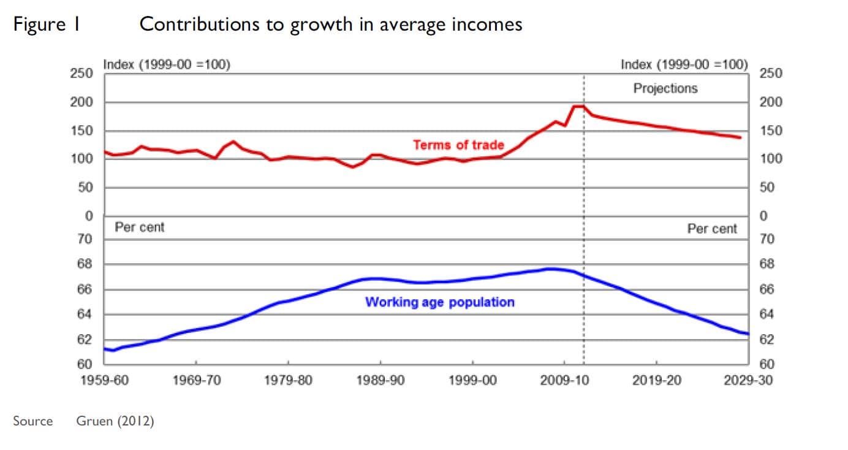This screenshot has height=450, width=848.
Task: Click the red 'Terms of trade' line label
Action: tap(458, 145)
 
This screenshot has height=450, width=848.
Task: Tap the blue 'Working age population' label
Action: tap(439, 302)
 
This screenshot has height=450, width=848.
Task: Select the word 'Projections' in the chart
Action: tap(665, 88)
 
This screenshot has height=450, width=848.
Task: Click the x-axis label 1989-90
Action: tap(380, 380)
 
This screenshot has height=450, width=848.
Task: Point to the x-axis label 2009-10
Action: tap(564, 380)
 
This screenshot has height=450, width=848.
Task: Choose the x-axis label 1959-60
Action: tap(105, 380)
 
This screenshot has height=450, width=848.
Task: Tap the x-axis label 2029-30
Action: tap(748, 380)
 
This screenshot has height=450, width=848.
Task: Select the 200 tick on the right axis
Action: tap(771, 102)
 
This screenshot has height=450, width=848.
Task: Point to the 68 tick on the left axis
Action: tap(85, 264)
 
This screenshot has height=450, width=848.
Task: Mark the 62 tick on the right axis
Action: tap(767, 340)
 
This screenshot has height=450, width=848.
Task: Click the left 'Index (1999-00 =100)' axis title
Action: tap(167, 64)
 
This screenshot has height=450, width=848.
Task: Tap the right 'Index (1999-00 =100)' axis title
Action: tap(684, 64)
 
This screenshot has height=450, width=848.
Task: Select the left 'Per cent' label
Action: tap(140, 227)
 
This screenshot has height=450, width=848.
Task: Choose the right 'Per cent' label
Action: tap(712, 229)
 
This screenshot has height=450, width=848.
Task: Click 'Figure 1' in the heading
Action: tap(47, 25)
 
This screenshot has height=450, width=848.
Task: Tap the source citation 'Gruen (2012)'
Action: tap(115, 421)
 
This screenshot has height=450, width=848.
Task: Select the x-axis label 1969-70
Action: tap(196, 380)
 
